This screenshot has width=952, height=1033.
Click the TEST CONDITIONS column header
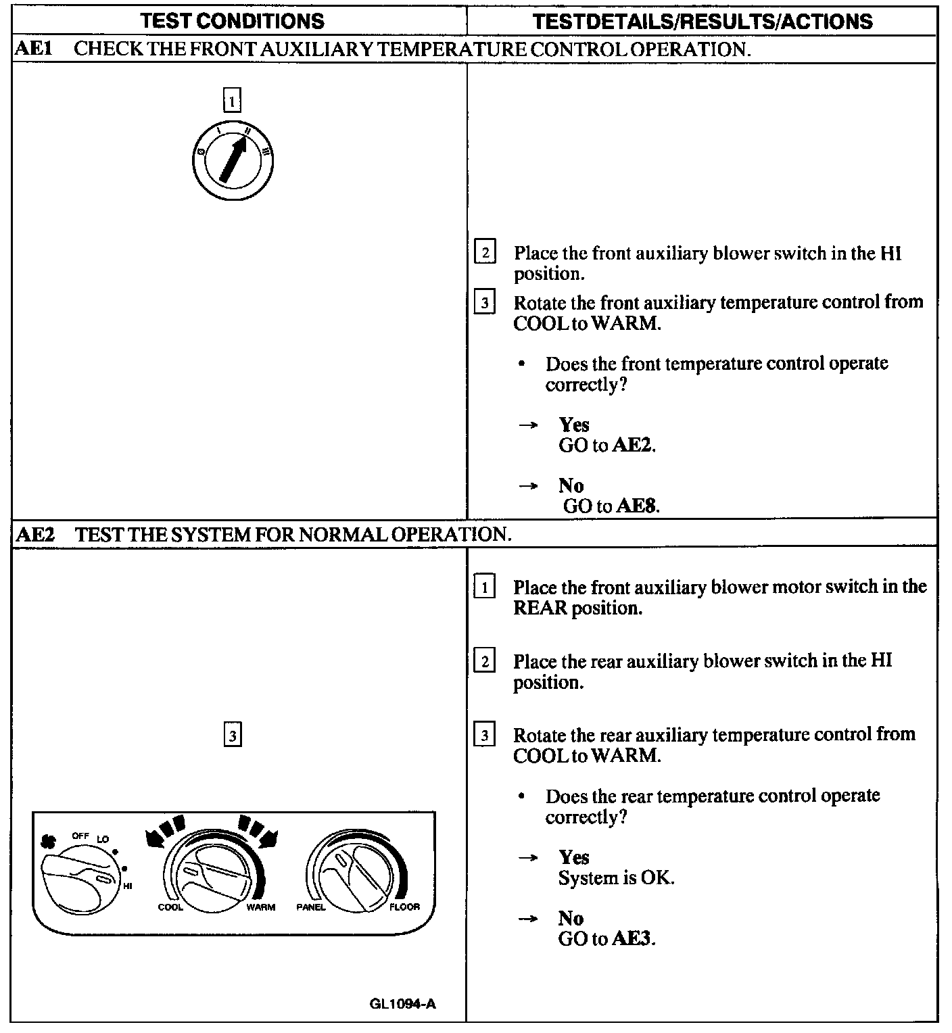[232, 21]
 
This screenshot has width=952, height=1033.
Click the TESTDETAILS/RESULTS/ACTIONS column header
[703, 21]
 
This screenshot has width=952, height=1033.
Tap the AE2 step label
[34, 535]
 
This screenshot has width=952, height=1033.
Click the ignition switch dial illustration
[232, 161]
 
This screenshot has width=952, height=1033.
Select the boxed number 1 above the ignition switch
[232, 101]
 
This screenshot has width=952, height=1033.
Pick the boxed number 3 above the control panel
[232, 735]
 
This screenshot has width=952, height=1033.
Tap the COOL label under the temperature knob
[170, 907]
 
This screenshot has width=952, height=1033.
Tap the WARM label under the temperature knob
[260, 907]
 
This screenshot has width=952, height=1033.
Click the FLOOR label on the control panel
[404, 907]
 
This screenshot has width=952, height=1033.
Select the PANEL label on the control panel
[310, 907]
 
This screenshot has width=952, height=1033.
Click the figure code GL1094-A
[402, 1004]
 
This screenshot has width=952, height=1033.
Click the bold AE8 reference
[636, 506]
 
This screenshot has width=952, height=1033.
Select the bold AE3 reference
[633, 938]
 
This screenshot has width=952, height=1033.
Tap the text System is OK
[616, 878]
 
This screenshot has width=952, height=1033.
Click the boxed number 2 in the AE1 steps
[485, 253]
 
